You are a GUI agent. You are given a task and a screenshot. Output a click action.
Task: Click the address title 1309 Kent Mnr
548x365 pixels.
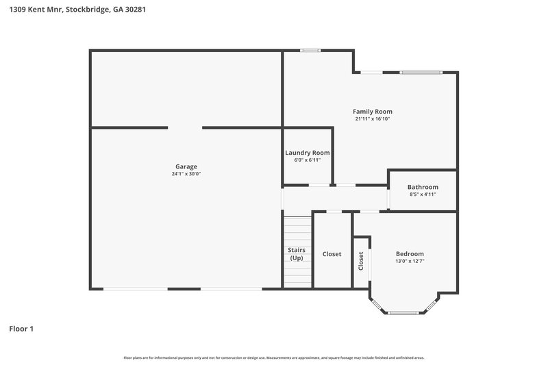click(77, 10)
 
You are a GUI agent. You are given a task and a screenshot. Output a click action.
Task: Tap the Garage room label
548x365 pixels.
click(186, 166)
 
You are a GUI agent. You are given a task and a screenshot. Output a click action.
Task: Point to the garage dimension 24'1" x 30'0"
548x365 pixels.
click(186, 174)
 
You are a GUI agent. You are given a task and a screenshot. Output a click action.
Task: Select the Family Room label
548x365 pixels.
click(372, 111)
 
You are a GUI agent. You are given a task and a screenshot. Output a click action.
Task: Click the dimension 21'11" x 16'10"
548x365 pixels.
click(372, 118)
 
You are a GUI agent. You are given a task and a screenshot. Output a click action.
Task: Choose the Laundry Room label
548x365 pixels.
click(307, 153)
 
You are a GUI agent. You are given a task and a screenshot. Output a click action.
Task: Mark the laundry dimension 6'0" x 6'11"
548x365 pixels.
click(307, 160)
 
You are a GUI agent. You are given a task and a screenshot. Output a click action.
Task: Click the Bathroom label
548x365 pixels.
click(423, 187)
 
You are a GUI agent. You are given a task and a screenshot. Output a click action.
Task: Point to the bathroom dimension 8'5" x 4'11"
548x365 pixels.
click(423, 194)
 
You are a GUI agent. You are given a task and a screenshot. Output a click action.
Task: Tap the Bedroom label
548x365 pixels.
click(410, 253)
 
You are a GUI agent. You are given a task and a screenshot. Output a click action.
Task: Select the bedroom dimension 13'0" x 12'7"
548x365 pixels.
click(410, 261)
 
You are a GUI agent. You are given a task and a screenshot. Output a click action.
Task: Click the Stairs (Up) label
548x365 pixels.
click(297, 254)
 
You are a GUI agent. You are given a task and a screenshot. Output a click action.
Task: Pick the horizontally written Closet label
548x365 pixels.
click(332, 254)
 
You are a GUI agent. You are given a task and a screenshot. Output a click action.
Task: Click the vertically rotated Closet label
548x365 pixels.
click(361, 261)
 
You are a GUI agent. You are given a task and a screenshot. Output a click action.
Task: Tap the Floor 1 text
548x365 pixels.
click(21, 329)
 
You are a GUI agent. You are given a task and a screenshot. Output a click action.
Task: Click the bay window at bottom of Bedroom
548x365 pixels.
click(404, 312)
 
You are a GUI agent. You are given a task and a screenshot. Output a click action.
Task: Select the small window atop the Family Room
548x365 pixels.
click(310, 50)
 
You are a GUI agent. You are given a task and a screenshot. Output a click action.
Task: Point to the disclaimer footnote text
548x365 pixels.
click(273, 357)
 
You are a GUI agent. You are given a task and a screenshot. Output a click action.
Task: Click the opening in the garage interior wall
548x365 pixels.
click(185, 127)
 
